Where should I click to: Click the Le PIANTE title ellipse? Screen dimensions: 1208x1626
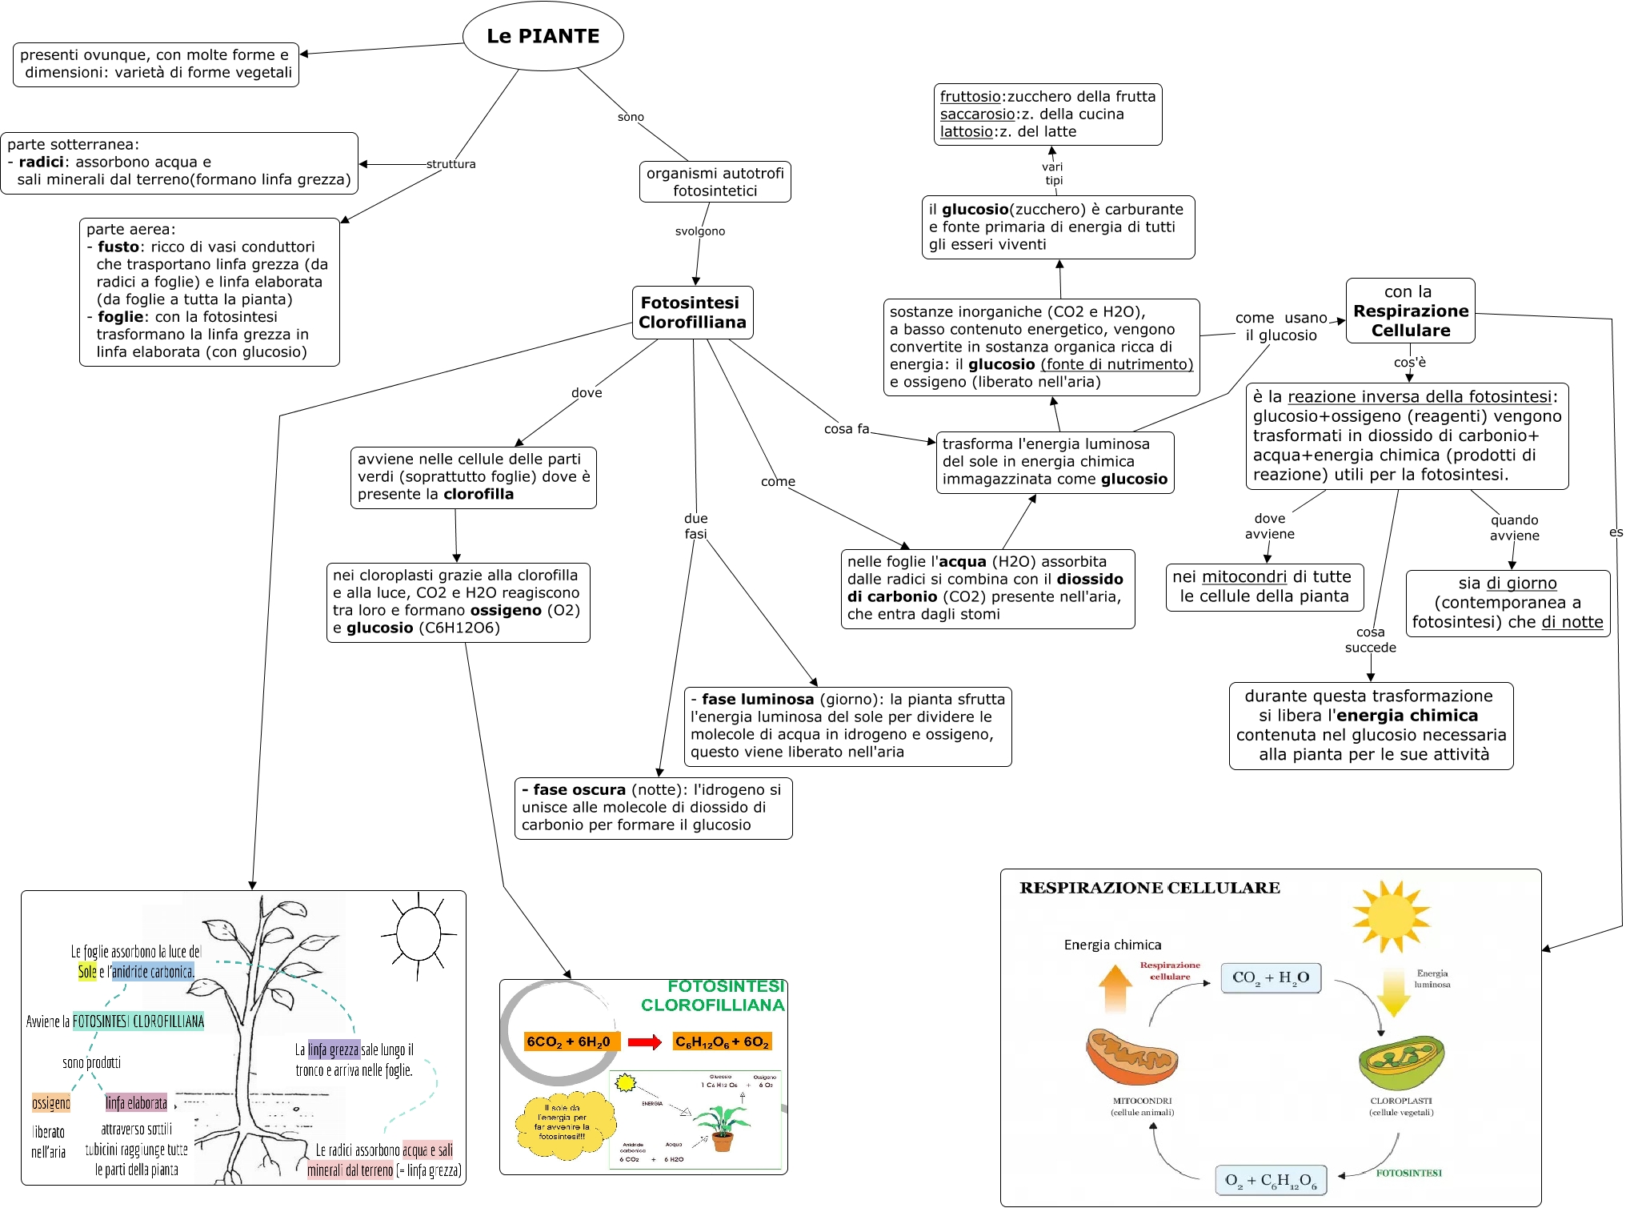coord(543,36)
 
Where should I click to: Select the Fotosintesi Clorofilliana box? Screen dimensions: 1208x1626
coord(692,312)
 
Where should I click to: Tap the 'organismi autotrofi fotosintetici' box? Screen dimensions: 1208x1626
coord(715,182)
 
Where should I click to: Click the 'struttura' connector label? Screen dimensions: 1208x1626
coord(451,164)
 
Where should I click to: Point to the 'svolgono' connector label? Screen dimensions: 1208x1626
coord(699,231)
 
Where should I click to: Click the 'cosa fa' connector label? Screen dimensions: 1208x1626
coord(846,429)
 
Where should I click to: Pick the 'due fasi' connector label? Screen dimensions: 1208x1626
coord(695,526)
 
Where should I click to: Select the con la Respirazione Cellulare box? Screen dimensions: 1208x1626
coord(1410,311)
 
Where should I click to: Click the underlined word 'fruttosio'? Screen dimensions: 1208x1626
coord(970,97)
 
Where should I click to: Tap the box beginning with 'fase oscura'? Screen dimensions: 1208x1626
coord(653,808)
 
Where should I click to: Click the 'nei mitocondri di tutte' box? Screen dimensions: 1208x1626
coord(1264,587)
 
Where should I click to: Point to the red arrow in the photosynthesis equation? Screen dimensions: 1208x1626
coord(644,1042)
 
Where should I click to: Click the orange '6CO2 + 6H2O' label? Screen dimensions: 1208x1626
coord(571,1042)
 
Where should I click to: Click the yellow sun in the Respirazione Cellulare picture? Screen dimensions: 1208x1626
coord(1391,916)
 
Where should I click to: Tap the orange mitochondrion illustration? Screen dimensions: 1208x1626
coord(1131,1057)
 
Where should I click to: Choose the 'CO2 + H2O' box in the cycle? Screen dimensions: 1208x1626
coord(1270,977)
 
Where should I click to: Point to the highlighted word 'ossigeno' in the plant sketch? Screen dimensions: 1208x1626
coord(51,1103)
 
